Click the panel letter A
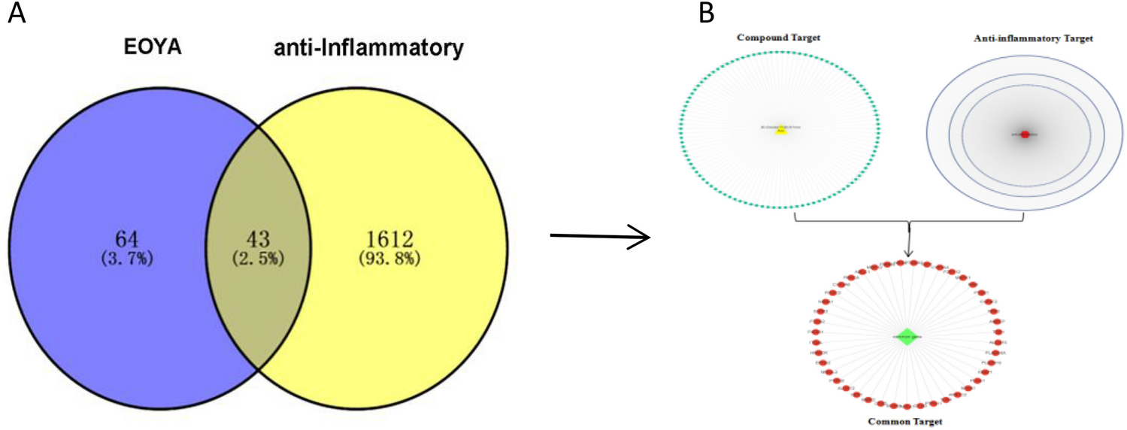tap(17, 14)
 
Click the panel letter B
tap(707, 14)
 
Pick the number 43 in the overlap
tap(259, 238)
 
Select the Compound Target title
tap(778, 36)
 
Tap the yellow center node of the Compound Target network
tap(781, 129)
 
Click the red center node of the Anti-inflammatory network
tap(1025, 135)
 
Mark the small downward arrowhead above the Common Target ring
tap(910, 255)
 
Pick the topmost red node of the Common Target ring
tap(913, 263)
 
